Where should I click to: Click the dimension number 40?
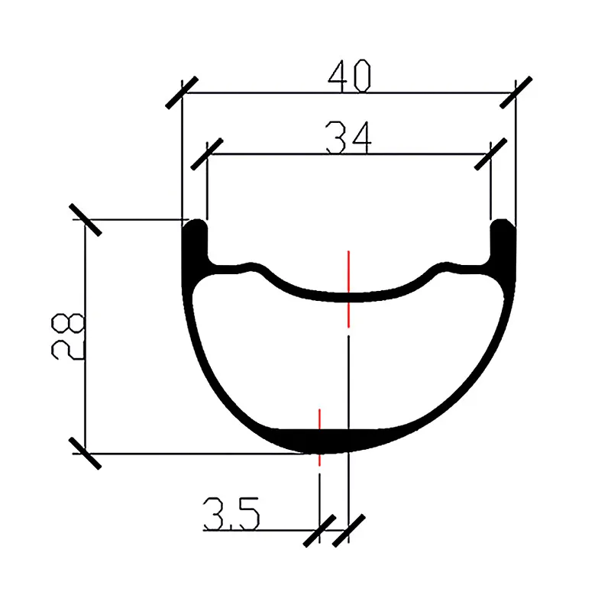pyautogui.click(x=349, y=77)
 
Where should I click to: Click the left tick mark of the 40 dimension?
pyautogui.click(x=182, y=93)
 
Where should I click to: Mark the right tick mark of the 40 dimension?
pyautogui.click(x=516, y=93)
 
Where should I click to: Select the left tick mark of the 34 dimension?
pyautogui.click(x=208, y=154)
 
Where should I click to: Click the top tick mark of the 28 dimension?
pyautogui.click(x=85, y=220)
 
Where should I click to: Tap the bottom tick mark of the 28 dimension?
pyautogui.click(x=85, y=453)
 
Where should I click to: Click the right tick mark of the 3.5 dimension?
pyautogui.click(x=348, y=529)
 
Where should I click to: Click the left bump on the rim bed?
pyautogui.click(x=250, y=267)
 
